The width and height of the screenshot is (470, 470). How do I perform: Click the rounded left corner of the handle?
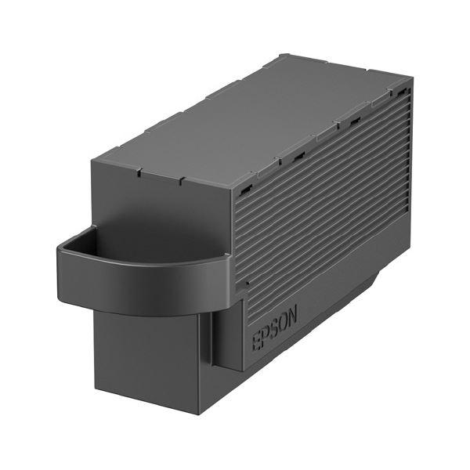63,258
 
